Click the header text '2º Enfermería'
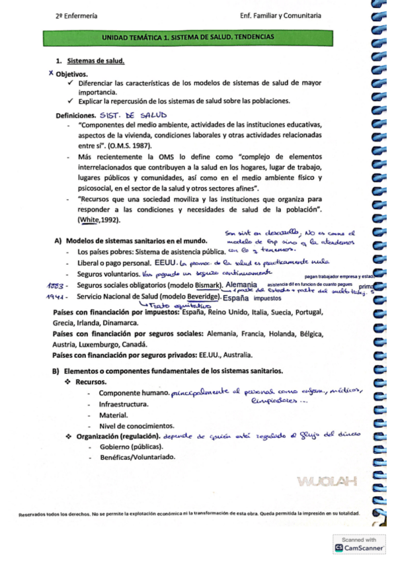coord(77,15)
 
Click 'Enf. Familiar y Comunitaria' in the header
coord(282,15)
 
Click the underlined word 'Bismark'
coord(206,285)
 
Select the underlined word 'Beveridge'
coord(204,298)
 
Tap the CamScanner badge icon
coord(339,548)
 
